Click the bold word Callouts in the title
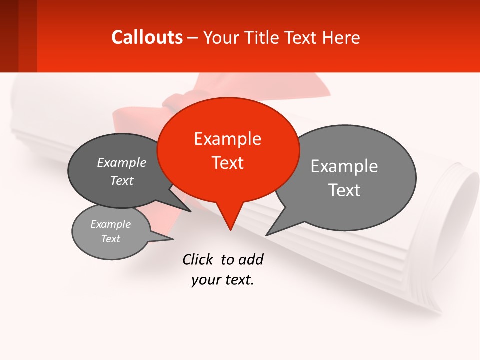pyautogui.click(x=147, y=37)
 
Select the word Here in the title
pyautogui.click(x=341, y=37)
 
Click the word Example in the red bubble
pyautogui.click(x=227, y=139)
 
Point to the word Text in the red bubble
pyautogui.click(x=228, y=163)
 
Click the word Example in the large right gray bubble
pyautogui.click(x=344, y=166)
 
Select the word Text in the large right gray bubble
pyautogui.click(x=344, y=190)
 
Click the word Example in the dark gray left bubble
pyautogui.click(x=122, y=162)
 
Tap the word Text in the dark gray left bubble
pyautogui.click(x=122, y=180)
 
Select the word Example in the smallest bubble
pyautogui.click(x=110, y=224)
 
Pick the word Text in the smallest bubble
pyautogui.click(x=110, y=239)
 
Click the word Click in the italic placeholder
pyautogui.click(x=197, y=259)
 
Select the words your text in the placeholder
pyautogui.click(x=223, y=280)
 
